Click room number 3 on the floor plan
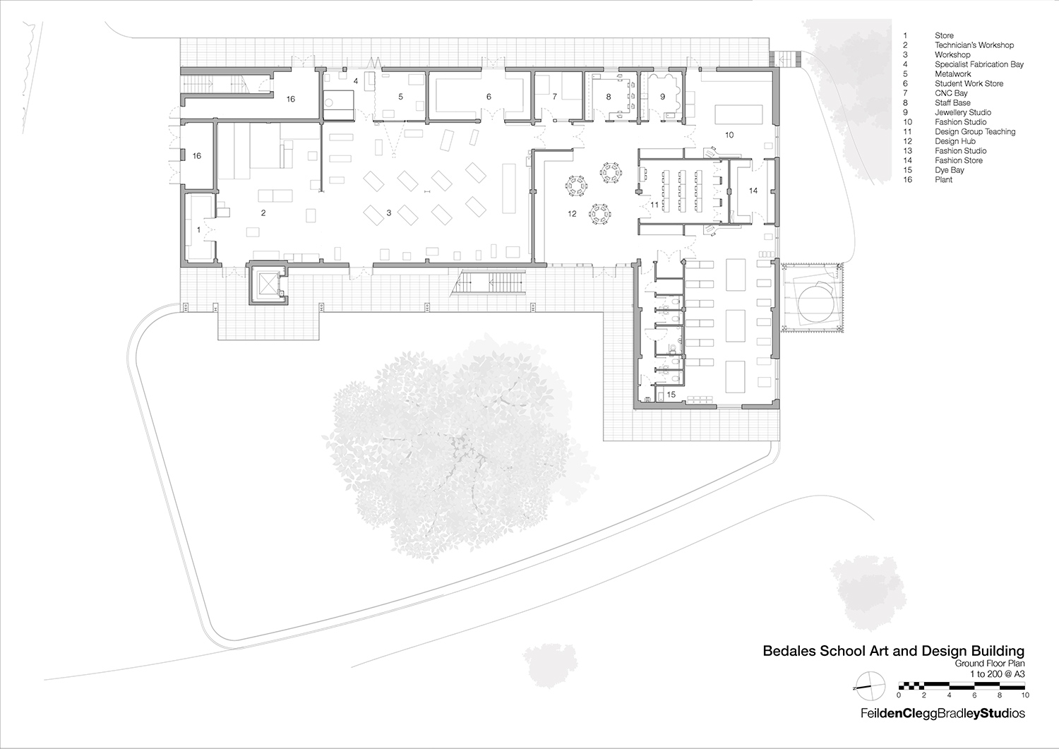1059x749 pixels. pyautogui.click(x=389, y=212)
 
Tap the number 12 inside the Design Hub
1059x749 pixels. pyautogui.click(x=572, y=213)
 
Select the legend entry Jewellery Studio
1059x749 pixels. pyautogui.click(x=962, y=112)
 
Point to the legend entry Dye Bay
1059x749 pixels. pyautogui.click(x=949, y=170)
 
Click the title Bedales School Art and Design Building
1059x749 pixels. pyautogui.click(x=893, y=651)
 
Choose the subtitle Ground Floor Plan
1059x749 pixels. pyautogui.click(x=989, y=664)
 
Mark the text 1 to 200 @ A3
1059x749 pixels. pyautogui.click(x=997, y=674)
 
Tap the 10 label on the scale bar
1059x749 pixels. pyautogui.click(x=1025, y=695)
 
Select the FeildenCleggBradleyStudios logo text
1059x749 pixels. pyautogui.click(x=943, y=714)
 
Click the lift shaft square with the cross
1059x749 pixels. pyautogui.click(x=268, y=284)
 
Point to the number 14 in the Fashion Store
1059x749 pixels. pyautogui.click(x=753, y=191)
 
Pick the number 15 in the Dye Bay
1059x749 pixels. pyautogui.click(x=671, y=395)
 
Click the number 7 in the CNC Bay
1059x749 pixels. pyautogui.click(x=555, y=97)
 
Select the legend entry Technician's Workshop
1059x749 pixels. pyautogui.click(x=974, y=45)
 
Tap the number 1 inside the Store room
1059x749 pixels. pyautogui.click(x=198, y=229)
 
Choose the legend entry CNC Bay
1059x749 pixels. pyautogui.click(x=951, y=93)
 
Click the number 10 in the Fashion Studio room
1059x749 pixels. pyautogui.click(x=729, y=135)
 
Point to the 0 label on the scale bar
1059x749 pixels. pyautogui.click(x=899, y=695)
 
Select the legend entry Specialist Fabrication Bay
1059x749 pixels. pyautogui.click(x=979, y=64)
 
